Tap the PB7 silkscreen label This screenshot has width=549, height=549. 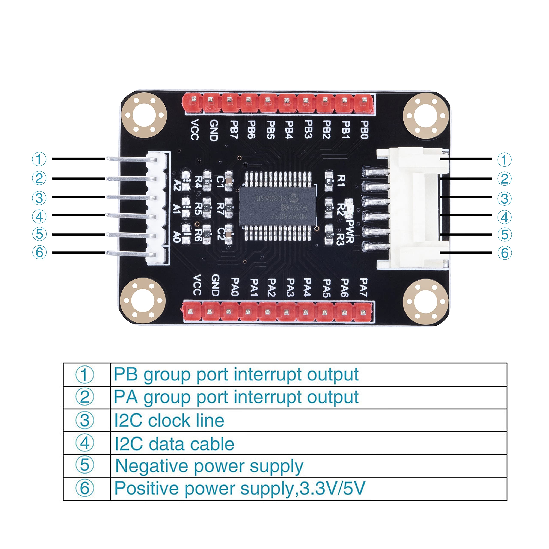234,129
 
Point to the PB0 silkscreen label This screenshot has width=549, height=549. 364,130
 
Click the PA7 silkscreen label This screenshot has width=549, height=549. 363,287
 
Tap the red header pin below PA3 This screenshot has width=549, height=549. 287,312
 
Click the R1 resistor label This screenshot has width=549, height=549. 341,181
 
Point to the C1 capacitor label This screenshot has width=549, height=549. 220,181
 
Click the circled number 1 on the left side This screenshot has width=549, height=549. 39,159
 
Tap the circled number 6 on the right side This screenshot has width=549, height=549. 504,253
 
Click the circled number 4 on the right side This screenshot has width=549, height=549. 504,217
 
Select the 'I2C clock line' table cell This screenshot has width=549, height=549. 169,421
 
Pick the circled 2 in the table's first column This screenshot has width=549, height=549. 84,397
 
